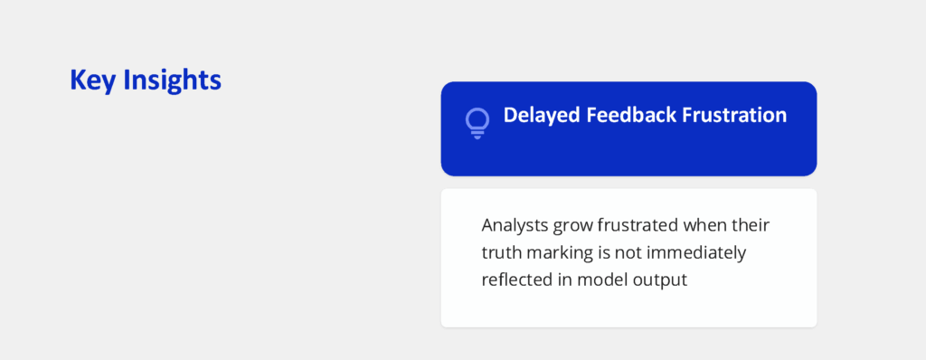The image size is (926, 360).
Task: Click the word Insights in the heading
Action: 172,80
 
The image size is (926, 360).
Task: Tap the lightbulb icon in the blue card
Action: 477,123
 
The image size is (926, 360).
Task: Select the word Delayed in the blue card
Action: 542,115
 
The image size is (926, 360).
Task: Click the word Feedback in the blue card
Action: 630,115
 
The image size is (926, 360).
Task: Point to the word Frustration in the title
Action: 734,115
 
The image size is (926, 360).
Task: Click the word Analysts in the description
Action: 515,225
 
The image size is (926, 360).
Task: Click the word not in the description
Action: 628,253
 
